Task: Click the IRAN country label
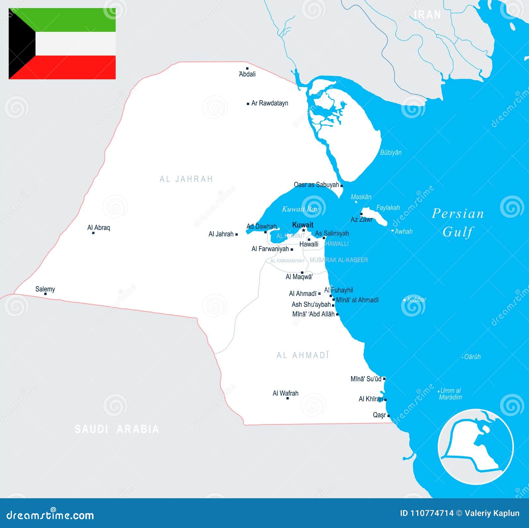click(427, 15)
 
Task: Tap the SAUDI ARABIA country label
click(117, 429)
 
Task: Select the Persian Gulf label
click(458, 223)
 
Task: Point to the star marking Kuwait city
click(304, 230)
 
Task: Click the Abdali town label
click(247, 74)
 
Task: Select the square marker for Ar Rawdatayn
click(248, 104)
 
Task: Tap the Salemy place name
click(45, 289)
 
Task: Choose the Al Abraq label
click(99, 227)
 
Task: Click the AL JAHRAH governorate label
click(186, 179)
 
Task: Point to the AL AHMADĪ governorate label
click(303, 355)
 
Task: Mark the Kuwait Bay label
click(300, 209)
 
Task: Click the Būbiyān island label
click(391, 152)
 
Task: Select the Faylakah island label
click(388, 208)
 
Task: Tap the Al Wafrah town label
click(285, 393)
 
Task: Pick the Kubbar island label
click(417, 300)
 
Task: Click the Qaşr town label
click(379, 415)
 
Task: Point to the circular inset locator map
click(475, 447)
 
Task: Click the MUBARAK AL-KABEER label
click(339, 260)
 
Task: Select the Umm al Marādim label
click(450, 394)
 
